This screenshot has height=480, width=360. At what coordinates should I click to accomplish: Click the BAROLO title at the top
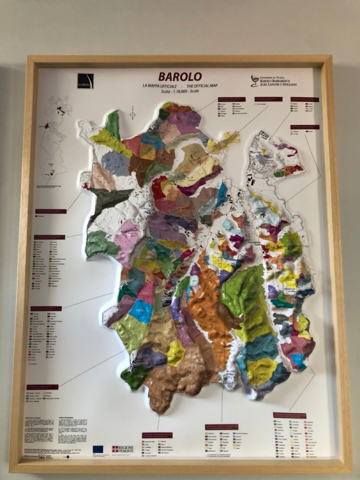tap(180, 76)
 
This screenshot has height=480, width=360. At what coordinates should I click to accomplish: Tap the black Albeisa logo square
tap(85, 81)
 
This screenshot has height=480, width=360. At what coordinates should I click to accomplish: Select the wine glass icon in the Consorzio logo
tap(255, 81)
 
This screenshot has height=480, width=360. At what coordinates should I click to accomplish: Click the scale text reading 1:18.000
tap(179, 91)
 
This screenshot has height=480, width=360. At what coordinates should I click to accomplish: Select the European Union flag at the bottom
tap(98, 449)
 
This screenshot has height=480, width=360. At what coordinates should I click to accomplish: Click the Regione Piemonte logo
tap(123, 449)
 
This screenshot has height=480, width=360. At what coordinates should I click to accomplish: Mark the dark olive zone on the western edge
tap(109, 199)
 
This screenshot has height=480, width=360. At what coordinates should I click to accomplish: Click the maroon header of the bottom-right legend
tap(295, 415)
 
